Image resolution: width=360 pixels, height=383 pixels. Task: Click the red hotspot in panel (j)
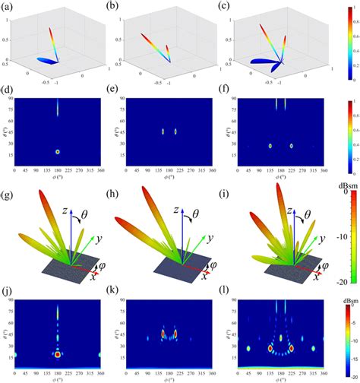pos(57,354)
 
